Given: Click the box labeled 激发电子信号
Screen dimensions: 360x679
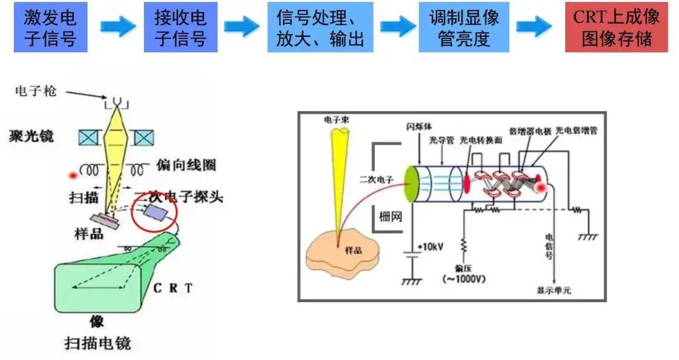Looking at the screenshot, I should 50,27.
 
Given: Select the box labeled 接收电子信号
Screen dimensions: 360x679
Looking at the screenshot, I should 180,27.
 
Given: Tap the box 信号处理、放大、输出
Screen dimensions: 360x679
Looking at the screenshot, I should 320,27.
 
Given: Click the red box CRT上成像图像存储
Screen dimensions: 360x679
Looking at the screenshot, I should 616,27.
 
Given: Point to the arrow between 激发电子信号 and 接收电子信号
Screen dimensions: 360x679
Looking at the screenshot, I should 118,26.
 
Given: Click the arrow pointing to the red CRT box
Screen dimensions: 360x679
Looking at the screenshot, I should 534,26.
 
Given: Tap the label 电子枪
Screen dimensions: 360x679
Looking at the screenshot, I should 36,92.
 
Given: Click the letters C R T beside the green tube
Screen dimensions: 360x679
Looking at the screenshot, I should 172,288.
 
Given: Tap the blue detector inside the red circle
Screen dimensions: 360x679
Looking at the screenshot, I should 154,212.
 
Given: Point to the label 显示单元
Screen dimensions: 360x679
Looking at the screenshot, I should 554,290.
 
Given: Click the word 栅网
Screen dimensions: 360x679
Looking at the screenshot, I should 390,217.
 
